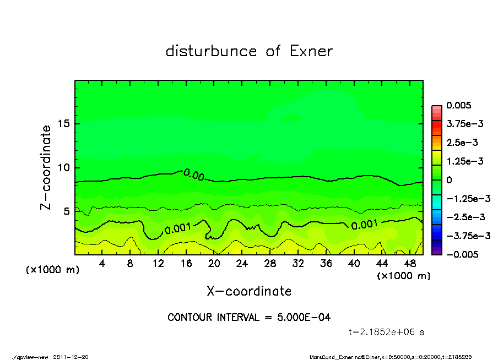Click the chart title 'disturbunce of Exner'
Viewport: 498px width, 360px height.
[x=249, y=51]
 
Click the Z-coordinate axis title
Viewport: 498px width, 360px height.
[x=46, y=167]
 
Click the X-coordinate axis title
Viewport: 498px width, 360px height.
[x=249, y=291]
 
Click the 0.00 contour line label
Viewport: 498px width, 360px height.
[x=194, y=175]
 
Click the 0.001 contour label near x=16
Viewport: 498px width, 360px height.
[x=178, y=228]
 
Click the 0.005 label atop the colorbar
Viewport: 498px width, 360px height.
[x=459, y=105]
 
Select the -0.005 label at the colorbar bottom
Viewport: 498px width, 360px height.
[x=462, y=254]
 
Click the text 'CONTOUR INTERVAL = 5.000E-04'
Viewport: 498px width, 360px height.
[x=249, y=318]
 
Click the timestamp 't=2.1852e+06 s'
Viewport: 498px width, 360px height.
[x=386, y=332]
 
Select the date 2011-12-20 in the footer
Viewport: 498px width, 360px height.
[x=71, y=357]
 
